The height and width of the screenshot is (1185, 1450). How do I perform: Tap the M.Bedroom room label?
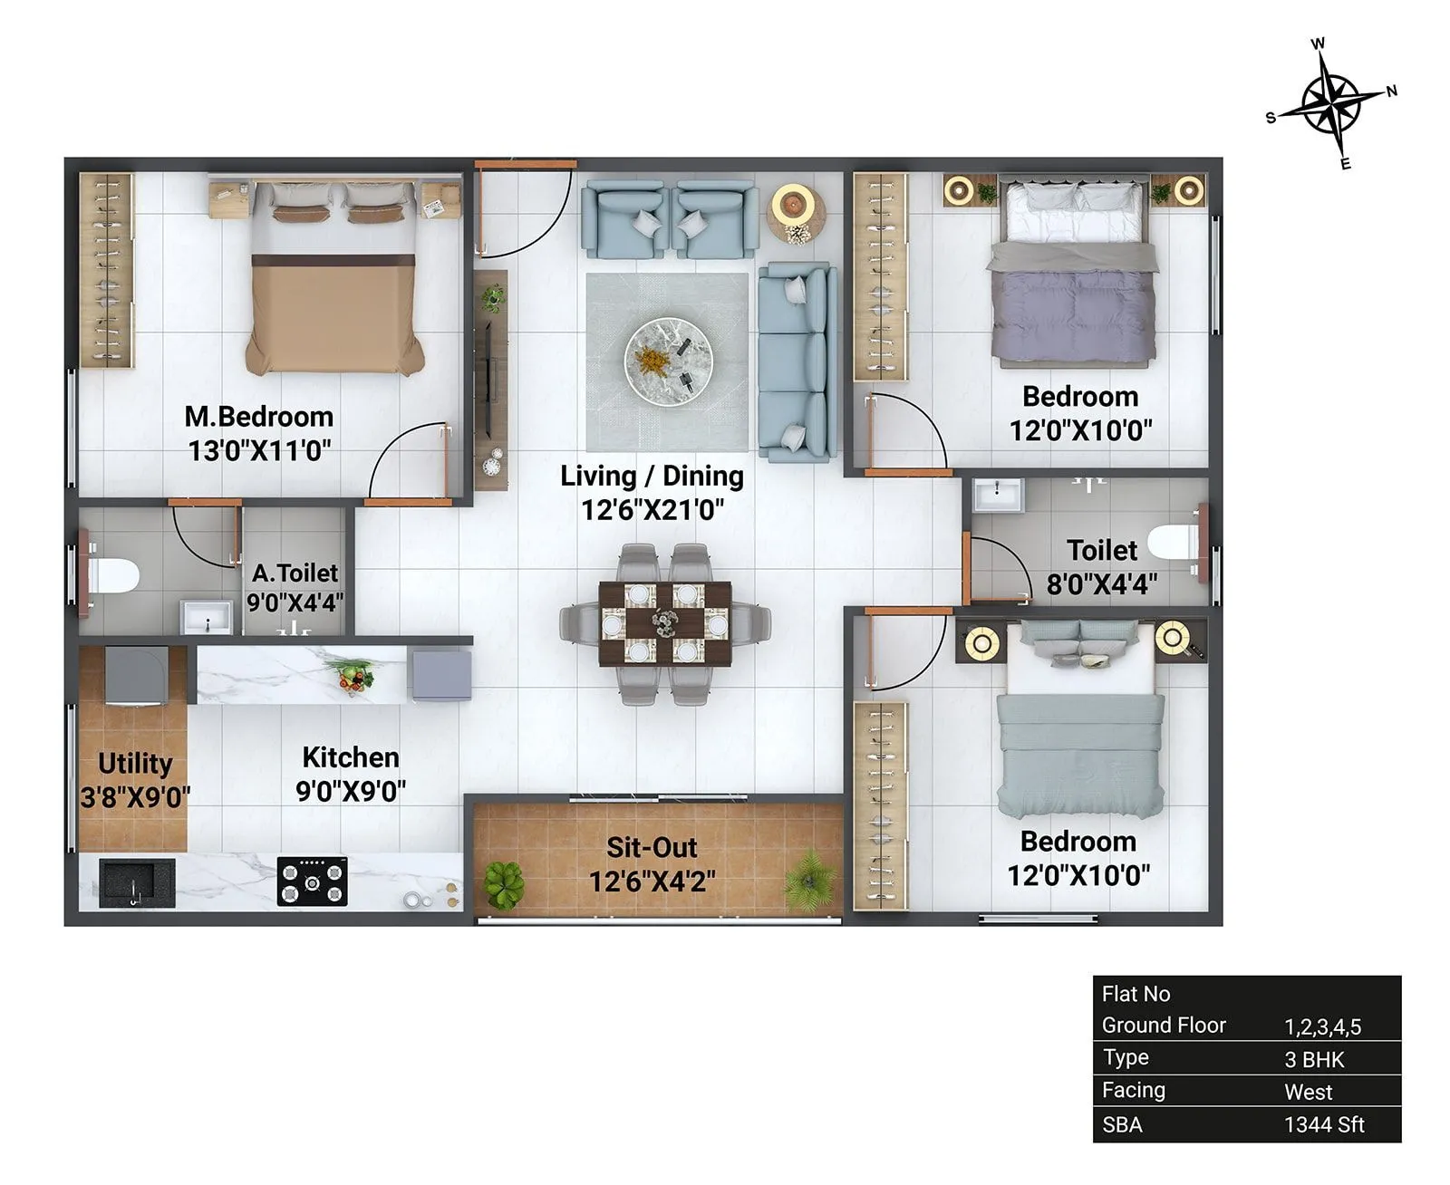point(259,417)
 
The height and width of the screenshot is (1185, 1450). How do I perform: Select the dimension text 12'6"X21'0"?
point(652,510)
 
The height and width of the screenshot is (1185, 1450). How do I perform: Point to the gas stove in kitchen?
point(312,882)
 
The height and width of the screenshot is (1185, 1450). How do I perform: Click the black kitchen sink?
point(136,882)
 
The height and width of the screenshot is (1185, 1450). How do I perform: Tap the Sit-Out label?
point(652,848)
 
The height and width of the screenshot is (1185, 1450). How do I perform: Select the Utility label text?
point(134,764)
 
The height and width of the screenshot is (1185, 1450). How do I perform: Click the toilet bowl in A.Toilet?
point(113,576)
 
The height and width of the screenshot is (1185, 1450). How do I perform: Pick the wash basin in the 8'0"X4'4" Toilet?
point(997,495)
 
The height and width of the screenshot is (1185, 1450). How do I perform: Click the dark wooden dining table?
point(665,623)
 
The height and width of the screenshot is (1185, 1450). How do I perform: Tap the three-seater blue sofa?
point(794,361)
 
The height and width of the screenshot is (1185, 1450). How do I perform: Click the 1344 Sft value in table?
point(1324,1125)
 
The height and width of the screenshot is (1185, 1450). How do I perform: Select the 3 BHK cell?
point(1314,1060)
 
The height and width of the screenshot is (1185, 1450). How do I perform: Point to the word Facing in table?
point(1133,1091)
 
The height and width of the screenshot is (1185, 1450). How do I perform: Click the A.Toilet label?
point(295,573)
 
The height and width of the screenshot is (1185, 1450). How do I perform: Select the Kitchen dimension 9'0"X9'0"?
point(351,792)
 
